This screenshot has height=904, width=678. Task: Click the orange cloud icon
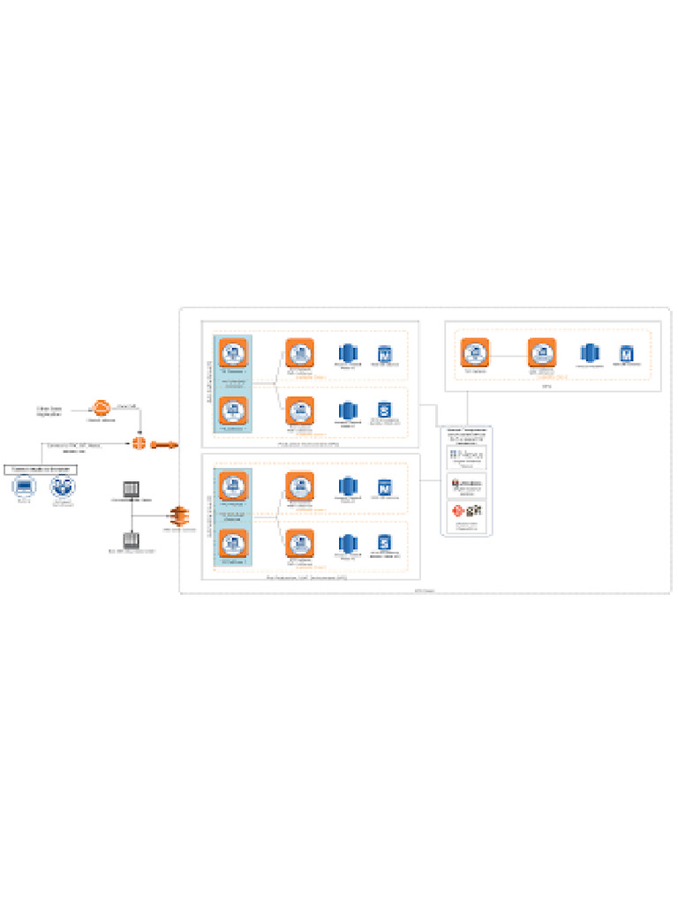(102, 407)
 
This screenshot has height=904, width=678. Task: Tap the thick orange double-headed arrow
(164, 444)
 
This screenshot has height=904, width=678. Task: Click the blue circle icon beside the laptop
(62, 486)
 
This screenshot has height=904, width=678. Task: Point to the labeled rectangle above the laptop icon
(41, 468)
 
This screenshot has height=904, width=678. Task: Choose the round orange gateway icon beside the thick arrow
(139, 443)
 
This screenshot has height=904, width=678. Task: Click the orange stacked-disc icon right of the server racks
(179, 516)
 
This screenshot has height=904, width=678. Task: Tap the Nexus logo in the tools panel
(466, 456)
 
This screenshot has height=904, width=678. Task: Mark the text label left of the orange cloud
(49, 410)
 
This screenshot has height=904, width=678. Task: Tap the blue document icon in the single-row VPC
(627, 353)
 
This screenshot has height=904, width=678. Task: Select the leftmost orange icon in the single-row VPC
(475, 352)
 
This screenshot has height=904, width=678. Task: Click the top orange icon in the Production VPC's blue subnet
(233, 352)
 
